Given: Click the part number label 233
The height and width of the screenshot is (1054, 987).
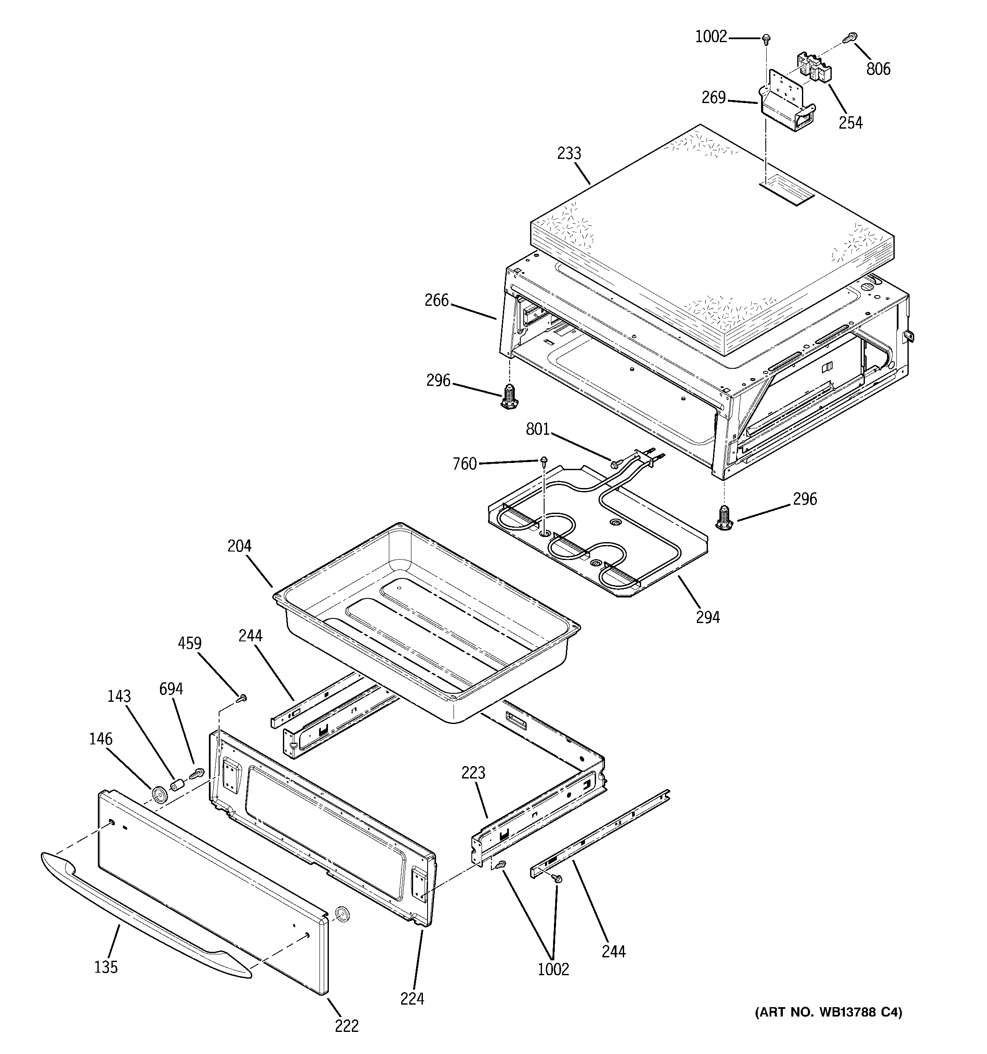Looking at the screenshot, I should point(569,153).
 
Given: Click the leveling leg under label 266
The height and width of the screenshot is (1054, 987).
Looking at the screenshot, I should point(509,398).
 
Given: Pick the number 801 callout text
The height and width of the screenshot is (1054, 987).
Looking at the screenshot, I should point(538,429).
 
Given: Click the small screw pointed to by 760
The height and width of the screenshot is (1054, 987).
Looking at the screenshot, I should point(544,460).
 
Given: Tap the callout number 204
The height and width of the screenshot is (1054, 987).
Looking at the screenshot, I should point(240,546).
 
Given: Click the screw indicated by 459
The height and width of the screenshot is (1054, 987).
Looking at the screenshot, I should point(242,698).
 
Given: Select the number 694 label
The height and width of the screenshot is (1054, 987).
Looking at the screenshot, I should point(171,689).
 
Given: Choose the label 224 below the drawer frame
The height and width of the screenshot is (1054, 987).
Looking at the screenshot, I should point(412,999).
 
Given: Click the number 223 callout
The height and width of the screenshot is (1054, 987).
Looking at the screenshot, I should point(473,773).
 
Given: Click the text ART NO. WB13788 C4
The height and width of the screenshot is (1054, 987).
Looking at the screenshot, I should point(828,1012).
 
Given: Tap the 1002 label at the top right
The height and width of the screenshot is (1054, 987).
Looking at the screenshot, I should point(711,37).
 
